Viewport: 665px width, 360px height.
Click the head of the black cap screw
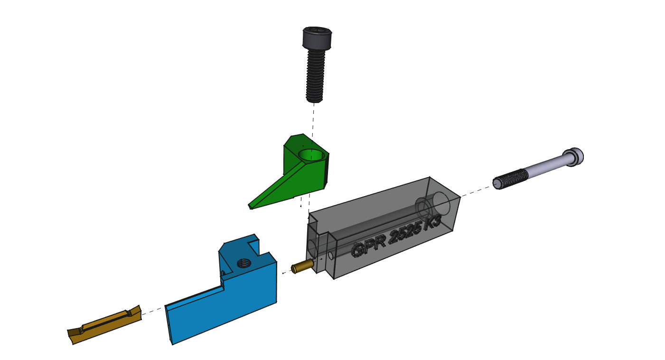[x=317, y=38]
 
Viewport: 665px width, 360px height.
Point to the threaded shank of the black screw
[x=315, y=76]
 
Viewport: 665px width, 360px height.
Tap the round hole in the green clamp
[x=311, y=155]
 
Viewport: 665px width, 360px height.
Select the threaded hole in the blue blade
[x=244, y=263]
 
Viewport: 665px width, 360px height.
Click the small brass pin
[x=302, y=266]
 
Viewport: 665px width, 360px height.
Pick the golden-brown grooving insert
[x=104, y=324]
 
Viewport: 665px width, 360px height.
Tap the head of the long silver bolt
[x=573, y=157]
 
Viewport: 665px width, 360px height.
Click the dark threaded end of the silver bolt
[x=510, y=179]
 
